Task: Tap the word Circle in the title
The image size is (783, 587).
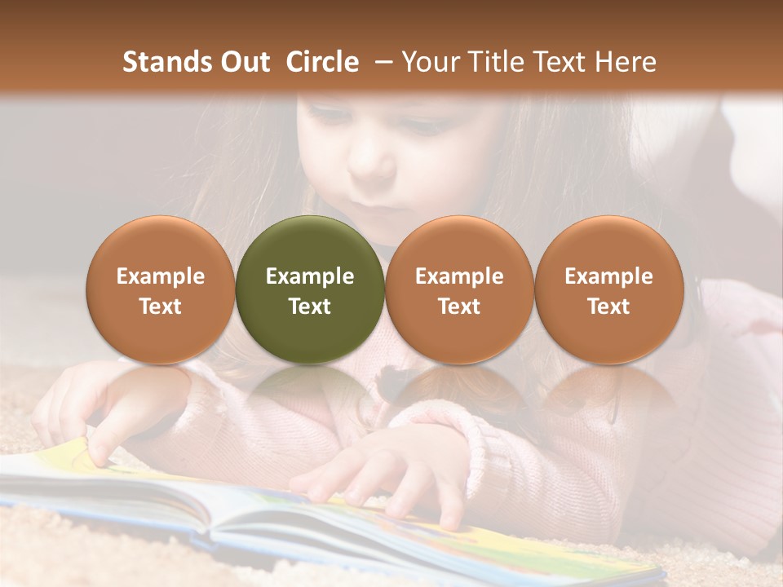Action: pyautogui.click(x=322, y=62)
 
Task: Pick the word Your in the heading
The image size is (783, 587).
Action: pyautogui.click(x=430, y=62)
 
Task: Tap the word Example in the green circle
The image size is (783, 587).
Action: pyautogui.click(x=310, y=276)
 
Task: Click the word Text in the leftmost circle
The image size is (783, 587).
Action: pyautogui.click(x=161, y=307)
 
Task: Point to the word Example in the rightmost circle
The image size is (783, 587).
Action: pyautogui.click(x=608, y=276)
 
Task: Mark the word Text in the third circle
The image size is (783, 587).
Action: pyautogui.click(x=459, y=307)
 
